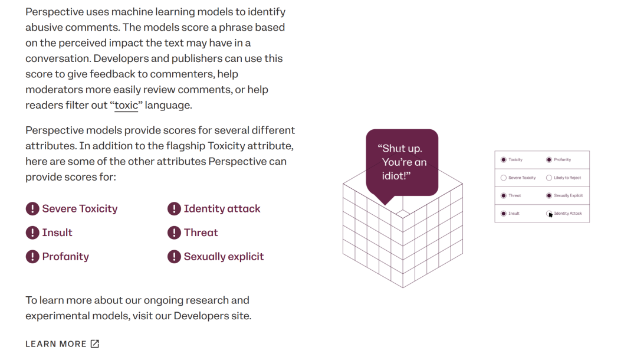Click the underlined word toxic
(x=126, y=105)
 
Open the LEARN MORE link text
(x=56, y=344)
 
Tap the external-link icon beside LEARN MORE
(x=94, y=344)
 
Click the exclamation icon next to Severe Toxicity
(x=32, y=209)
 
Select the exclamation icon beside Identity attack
(x=174, y=209)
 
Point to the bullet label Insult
(x=57, y=233)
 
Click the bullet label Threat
(x=201, y=233)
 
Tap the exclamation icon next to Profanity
(x=32, y=257)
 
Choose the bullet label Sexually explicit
(x=224, y=257)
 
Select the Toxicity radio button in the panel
(x=503, y=160)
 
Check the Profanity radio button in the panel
(x=549, y=160)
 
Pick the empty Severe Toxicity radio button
(x=503, y=178)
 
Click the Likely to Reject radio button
(x=549, y=178)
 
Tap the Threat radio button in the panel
(x=503, y=196)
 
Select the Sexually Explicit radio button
(x=549, y=196)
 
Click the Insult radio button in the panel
(x=503, y=214)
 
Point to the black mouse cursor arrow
(x=550, y=215)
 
